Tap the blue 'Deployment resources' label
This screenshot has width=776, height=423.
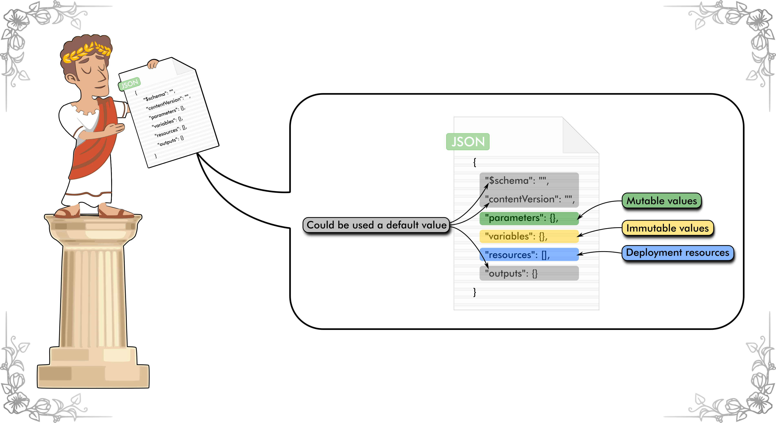[x=678, y=253]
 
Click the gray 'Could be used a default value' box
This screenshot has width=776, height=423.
[x=376, y=225]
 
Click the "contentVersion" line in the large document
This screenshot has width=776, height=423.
[x=529, y=199]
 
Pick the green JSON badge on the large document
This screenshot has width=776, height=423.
[x=468, y=142]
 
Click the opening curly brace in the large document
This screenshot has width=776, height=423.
[x=475, y=162]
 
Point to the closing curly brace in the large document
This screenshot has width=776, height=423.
[x=475, y=292]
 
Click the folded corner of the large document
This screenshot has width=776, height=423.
[x=578, y=137]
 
